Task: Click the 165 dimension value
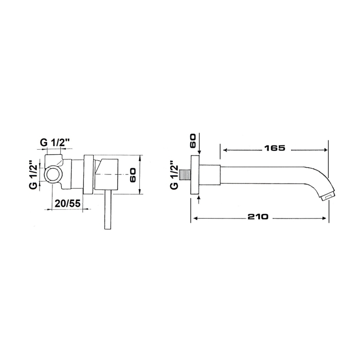click(274, 148)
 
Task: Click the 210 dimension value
click(258, 217)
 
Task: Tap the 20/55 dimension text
click(67, 204)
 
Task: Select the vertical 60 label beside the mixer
click(133, 175)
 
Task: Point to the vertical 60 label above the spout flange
click(192, 141)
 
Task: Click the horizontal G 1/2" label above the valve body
click(55, 143)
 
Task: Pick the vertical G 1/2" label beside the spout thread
click(174, 176)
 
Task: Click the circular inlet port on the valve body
click(53, 174)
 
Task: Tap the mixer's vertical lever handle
click(107, 210)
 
